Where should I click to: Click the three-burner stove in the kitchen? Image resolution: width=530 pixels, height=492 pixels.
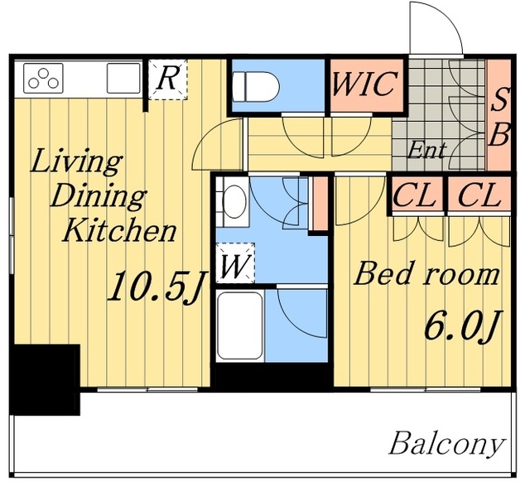(x=43, y=78)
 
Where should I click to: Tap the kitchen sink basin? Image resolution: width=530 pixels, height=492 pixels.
(x=123, y=78)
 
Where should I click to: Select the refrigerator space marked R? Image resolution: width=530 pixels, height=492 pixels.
(x=168, y=80)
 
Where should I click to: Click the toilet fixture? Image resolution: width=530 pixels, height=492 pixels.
(x=256, y=87)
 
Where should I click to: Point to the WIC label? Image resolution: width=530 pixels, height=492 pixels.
(x=364, y=84)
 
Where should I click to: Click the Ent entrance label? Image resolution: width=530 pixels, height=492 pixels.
(x=427, y=150)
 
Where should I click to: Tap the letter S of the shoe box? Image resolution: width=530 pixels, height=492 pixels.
(x=499, y=99)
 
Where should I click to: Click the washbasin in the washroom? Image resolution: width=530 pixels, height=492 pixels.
(x=235, y=202)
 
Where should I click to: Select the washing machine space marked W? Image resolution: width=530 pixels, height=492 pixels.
(x=235, y=263)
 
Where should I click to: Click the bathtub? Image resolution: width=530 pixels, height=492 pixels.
(x=240, y=326)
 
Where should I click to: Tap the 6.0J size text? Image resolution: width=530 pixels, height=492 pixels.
(x=462, y=325)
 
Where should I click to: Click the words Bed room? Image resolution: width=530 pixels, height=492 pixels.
(x=426, y=273)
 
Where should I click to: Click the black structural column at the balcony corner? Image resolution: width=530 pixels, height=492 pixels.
(x=45, y=379)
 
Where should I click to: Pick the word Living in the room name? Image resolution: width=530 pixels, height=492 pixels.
(x=76, y=163)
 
